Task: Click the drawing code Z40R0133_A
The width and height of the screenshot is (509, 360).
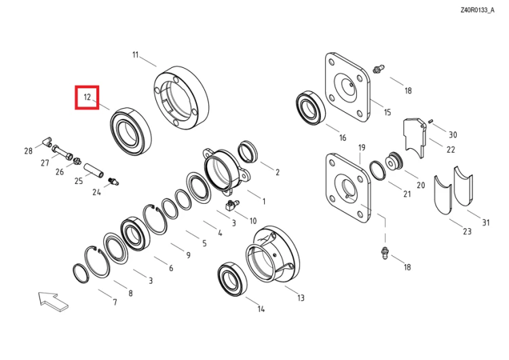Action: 477,10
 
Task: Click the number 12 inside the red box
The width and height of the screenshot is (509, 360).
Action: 87,97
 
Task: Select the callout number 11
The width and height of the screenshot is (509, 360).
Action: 135,54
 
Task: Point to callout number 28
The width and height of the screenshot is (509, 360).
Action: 29,151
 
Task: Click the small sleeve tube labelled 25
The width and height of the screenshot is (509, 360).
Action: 94,170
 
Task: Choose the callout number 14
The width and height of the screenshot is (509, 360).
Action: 261,308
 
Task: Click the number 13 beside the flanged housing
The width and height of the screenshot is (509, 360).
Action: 301,298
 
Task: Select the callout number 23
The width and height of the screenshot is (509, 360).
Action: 467,232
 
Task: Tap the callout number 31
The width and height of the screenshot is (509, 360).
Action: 486,223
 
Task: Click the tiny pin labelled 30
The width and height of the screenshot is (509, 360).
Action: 431,121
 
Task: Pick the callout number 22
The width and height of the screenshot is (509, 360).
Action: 451,149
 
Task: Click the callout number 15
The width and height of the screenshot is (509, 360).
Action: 388,113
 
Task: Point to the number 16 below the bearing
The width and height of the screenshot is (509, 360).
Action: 343,138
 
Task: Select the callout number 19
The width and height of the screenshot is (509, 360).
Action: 362,147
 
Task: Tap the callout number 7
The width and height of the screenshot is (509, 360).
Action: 115,302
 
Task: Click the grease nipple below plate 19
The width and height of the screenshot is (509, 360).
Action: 385,253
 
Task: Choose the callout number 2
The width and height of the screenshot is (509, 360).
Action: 277,173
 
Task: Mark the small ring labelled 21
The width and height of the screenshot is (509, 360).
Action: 378,170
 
